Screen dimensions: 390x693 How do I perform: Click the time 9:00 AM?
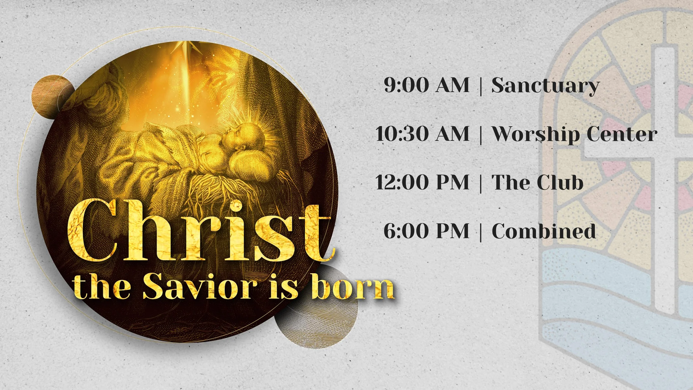[426, 85]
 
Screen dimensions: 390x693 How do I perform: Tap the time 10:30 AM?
[422, 134]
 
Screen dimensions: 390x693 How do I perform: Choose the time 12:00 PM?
[422, 182]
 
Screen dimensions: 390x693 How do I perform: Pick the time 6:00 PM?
[426, 231]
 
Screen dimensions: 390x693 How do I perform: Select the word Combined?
[544, 231]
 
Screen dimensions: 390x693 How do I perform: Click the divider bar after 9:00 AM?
[481, 86]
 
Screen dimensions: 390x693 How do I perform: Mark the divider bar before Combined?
[481, 232]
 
